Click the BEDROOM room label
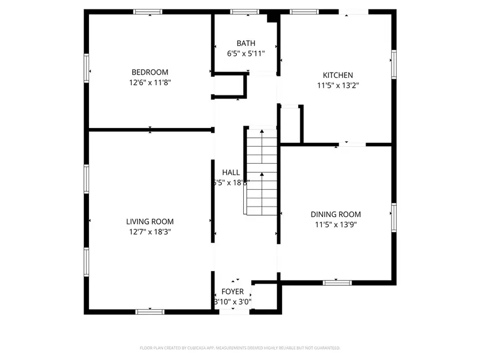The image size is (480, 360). [150, 72]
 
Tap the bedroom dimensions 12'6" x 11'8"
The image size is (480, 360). [150, 83]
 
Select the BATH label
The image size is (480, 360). [246, 43]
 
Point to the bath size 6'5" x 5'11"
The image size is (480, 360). [246, 54]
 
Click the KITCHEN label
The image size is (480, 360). [338, 75]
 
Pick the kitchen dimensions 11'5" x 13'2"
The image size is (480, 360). [338, 85]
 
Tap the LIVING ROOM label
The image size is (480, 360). [150, 221]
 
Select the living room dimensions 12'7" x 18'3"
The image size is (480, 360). [150, 232]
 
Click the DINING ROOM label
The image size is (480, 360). [335, 214]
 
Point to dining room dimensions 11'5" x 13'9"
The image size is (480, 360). [335, 225]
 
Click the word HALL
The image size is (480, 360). [231, 172]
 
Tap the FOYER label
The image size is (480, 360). [233, 292]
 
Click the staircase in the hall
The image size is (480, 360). [261, 171]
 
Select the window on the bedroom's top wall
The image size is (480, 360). [148, 11]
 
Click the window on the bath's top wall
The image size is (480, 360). [245, 11]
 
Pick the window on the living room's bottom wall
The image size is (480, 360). [149, 311]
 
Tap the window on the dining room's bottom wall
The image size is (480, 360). [337, 282]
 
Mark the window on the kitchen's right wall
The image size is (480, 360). [394, 64]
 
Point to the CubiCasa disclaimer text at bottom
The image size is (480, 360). [239, 348]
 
